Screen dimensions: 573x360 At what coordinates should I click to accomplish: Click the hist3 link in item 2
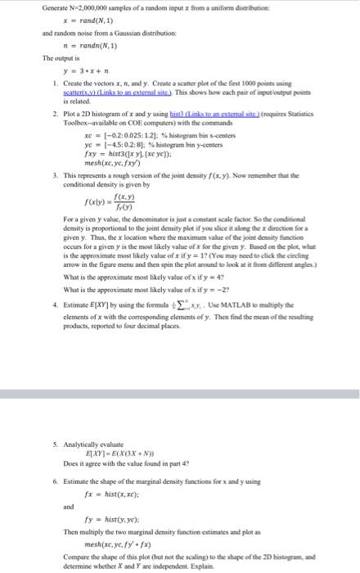click(x=203, y=117)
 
